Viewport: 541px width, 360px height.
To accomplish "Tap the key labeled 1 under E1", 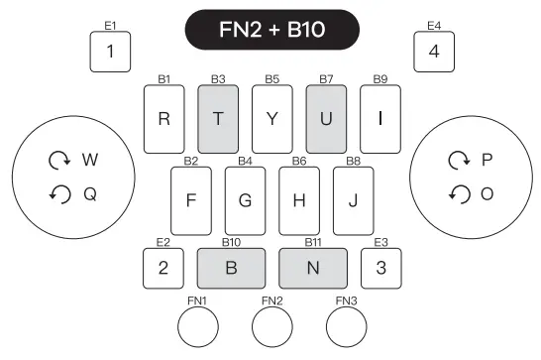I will tap(110, 52).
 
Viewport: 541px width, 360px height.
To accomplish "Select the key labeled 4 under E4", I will tap(434, 52).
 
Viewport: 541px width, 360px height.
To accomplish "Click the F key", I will tap(191, 199).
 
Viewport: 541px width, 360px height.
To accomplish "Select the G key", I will tap(245, 199).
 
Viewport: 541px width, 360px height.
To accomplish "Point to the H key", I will tap(298, 199).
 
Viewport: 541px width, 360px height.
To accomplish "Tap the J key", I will tap(353, 199).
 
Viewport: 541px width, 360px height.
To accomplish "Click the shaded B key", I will tap(232, 268).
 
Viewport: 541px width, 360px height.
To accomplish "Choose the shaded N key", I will tap(313, 268).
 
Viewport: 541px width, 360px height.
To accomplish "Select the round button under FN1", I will tap(196, 325).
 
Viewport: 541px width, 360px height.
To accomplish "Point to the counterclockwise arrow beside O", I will tap(459, 194).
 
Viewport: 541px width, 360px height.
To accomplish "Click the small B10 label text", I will tap(232, 242).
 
